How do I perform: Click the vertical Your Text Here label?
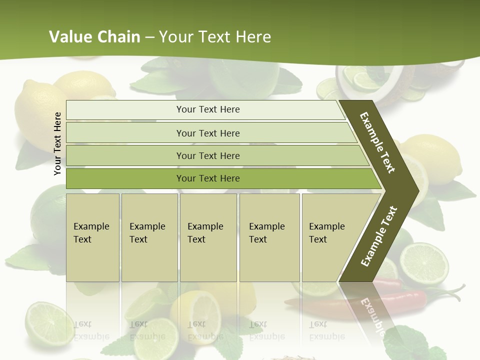pyautogui.click(x=57, y=143)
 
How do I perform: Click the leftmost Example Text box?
pyautogui.click(x=92, y=237)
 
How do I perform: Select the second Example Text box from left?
pyautogui.click(x=149, y=237)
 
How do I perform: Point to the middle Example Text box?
pyautogui.click(x=208, y=237)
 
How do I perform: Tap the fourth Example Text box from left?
pyautogui.click(x=269, y=237)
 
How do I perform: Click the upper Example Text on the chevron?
pyautogui.click(x=377, y=142)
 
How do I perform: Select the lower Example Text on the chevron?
pyautogui.click(x=378, y=236)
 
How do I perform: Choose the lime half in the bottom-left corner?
pyautogui.click(x=47, y=322)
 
